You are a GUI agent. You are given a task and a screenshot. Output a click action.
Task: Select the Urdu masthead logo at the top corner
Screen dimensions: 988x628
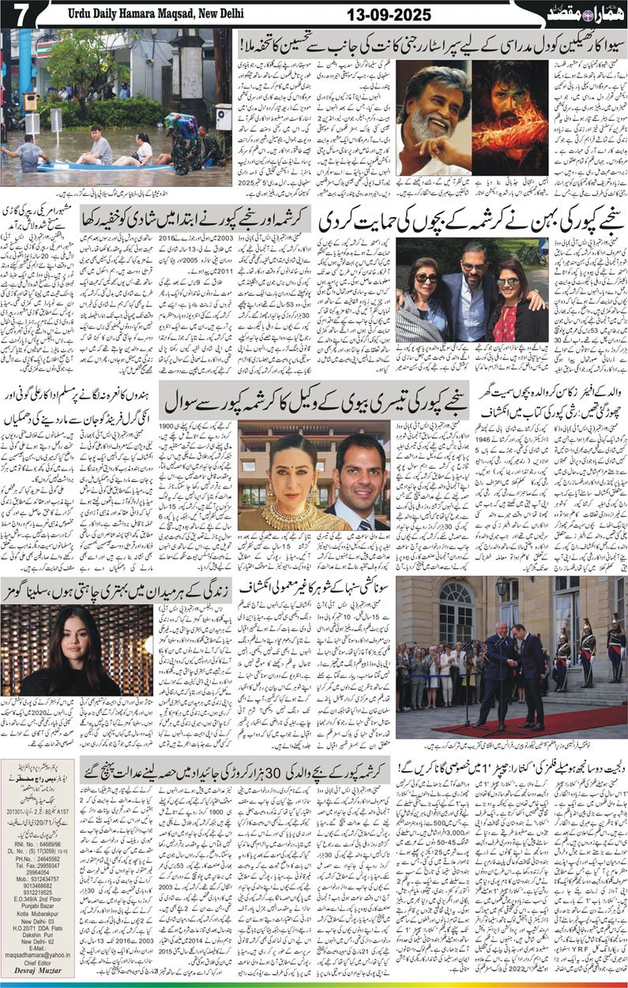[588, 13]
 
